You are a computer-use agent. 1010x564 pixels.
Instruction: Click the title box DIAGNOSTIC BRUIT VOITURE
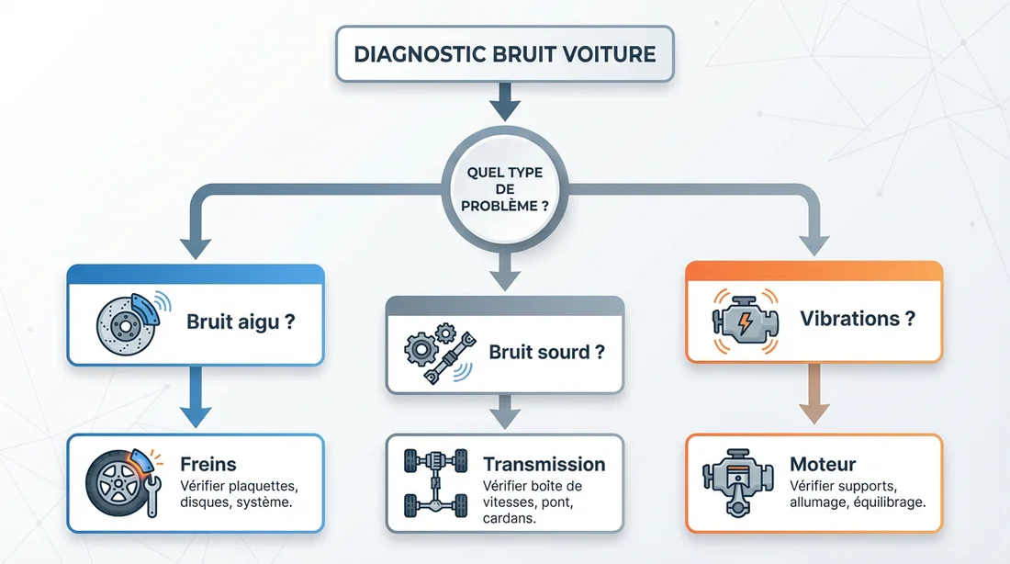click(x=505, y=54)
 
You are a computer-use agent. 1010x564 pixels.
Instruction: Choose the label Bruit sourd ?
click(x=547, y=352)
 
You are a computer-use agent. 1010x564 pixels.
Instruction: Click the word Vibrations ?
click(x=858, y=320)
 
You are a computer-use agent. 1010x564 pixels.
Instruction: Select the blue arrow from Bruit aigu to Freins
click(x=195, y=397)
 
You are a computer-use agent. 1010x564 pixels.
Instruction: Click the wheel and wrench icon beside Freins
click(x=125, y=483)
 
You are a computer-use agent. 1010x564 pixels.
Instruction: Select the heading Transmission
click(x=544, y=464)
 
